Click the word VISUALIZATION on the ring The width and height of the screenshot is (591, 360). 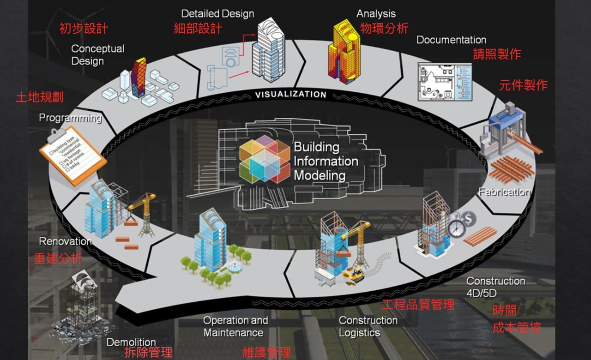tap(291, 95)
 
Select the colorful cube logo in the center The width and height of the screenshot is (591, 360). tap(265, 159)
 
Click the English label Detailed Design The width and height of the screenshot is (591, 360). tap(217, 14)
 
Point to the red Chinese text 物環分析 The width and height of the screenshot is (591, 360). tap(384, 29)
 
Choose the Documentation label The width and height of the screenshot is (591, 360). tap(451, 40)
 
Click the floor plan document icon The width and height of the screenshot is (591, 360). tap(444, 82)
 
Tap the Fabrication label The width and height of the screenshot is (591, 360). tap(504, 192)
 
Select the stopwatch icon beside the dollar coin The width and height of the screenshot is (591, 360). tap(457, 228)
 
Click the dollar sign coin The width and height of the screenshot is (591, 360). tap(468, 218)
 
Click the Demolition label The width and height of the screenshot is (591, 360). tap(131, 342)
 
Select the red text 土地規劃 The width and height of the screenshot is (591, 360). tap(40, 97)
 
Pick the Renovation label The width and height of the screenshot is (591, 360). tap(65, 241)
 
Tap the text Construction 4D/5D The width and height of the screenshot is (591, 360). tap(495, 287)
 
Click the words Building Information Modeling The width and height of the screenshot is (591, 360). tap(326, 161)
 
